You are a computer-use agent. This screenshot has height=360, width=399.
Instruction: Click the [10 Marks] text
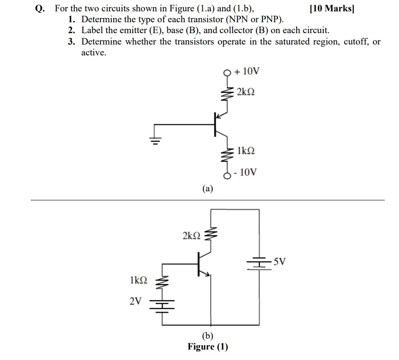pos(332,9)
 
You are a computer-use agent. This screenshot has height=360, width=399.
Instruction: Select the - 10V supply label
pos(246,172)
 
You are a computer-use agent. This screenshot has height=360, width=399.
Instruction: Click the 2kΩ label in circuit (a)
pos(245,91)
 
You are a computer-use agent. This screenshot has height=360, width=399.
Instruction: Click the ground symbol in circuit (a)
pos(155,138)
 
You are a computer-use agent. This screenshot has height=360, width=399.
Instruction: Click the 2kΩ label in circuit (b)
pos(191,235)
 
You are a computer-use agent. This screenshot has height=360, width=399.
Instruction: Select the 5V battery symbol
pos(259,263)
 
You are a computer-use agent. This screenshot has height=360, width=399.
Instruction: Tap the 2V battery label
pos(136,300)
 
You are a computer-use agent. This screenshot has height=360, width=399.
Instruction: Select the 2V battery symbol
pos(162,304)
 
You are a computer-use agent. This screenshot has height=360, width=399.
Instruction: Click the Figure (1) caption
pos(208,347)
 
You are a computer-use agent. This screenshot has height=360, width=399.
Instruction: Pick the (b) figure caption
pos(208,336)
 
